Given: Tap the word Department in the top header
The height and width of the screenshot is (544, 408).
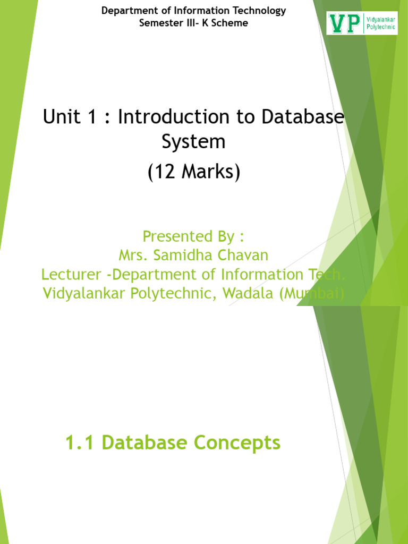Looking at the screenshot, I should pyautogui.click(x=126, y=11).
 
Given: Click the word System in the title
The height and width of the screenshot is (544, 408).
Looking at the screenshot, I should pyautogui.click(x=193, y=142).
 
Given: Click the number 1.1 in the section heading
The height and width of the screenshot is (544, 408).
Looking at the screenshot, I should pyautogui.click(x=80, y=443).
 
